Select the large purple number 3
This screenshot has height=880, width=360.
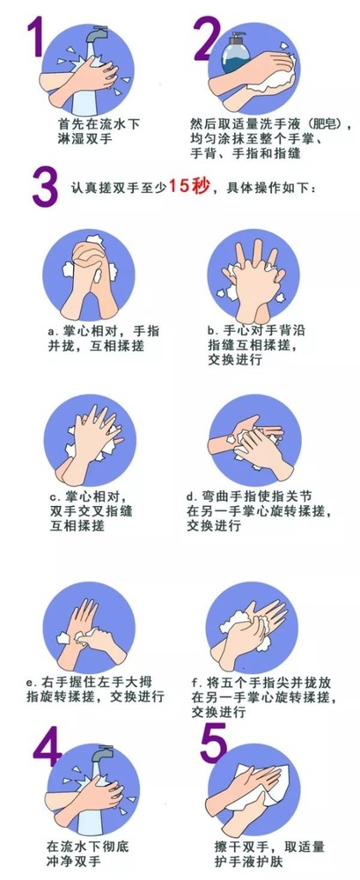tap(44, 186)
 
